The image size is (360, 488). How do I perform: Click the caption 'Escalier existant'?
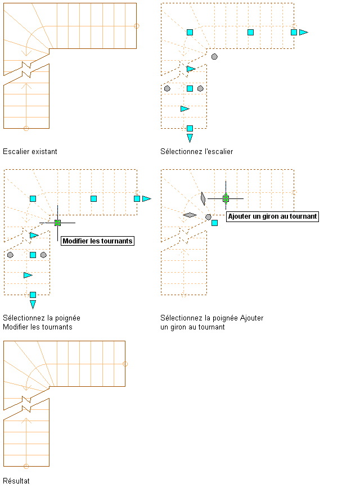click(x=30, y=151)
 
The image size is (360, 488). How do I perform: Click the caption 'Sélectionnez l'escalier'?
click(x=196, y=151)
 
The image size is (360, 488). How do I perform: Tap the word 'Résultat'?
click(x=16, y=481)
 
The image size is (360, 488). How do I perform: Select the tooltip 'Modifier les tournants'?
click(x=98, y=241)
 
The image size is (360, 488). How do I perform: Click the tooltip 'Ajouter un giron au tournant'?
click(x=272, y=216)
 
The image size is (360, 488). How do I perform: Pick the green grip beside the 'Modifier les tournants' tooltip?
click(x=57, y=223)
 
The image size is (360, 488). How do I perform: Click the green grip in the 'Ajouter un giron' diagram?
click(x=226, y=198)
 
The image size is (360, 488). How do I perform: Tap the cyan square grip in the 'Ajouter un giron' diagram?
click(x=214, y=223)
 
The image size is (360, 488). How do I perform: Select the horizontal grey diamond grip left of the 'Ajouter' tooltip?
click(x=190, y=215)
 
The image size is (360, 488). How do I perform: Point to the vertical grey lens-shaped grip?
click(x=202, y=198)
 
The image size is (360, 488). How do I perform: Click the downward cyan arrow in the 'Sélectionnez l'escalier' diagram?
click(x=190, y=138)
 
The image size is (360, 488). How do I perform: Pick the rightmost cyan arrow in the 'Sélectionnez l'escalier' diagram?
click(x=304, y=32)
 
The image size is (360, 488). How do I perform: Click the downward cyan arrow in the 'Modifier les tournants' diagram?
click(x=33, y=304)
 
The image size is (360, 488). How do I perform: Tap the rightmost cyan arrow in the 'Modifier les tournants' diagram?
click(x=147, y=198)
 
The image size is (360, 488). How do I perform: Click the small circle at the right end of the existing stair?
click(x=137, y=26)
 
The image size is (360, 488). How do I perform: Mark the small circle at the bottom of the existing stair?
click(x=26, y=129)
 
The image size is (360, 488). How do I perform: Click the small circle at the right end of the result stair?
click(x=125, y=364)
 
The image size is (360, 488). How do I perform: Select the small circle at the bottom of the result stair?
click(x=26, y=466)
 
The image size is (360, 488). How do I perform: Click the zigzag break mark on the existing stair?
click(x=26, y=69)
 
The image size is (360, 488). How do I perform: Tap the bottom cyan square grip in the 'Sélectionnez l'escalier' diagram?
click(x=190, y=128)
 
